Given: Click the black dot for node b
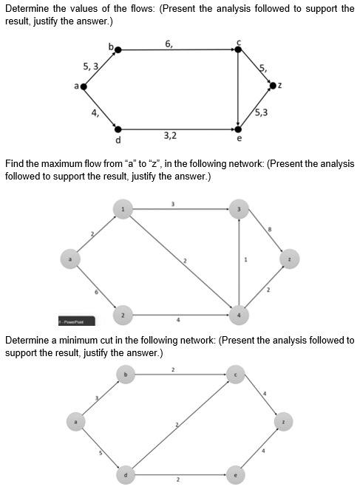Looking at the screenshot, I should (117, 50).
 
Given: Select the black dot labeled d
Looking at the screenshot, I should (117, 129).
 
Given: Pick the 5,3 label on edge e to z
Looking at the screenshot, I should (261, 113).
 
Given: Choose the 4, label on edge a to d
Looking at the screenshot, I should (95, 113).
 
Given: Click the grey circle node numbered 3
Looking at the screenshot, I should (238, 210).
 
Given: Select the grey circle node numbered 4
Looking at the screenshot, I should (238, 316).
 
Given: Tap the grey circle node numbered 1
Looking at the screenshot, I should (123, 210).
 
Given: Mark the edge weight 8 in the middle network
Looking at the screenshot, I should (271, 231).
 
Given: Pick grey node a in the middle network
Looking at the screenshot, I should (70, 259).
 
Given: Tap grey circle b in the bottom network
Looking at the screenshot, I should (126, 375).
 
